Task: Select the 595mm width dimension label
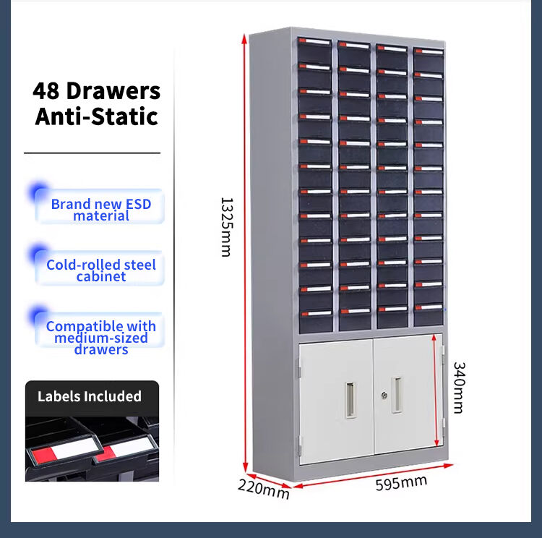point(400,483)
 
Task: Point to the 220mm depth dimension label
point(263,490)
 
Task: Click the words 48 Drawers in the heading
point(96,91)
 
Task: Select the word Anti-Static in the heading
point(96,116)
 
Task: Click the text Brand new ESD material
point(101,210)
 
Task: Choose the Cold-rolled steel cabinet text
point(101,270)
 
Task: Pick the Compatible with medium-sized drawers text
point(101,338)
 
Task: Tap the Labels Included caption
point(90,396)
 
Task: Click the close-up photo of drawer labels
point(92,449)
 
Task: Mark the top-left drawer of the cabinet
point(314,49)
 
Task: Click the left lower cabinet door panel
point(336,401)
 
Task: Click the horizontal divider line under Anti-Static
point(92,153)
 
